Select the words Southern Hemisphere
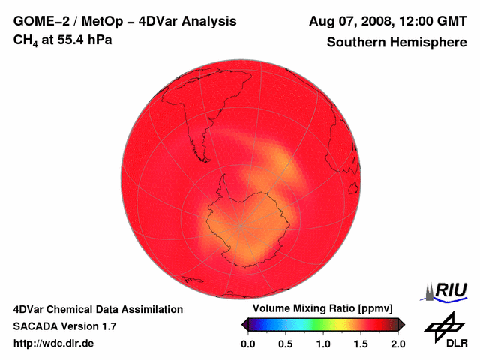[x=396, y=43]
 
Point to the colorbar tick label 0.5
[x=285, y=343]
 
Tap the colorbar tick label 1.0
[x=322, y=343]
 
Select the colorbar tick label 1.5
[x=361, y=343]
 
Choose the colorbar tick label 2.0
[x=397, y=343]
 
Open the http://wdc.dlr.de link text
[x=54, y=343]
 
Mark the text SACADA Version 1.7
[x=64, y=326]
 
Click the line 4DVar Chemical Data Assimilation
[x=98, y=309]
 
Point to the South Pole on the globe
[x=241, y=224]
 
